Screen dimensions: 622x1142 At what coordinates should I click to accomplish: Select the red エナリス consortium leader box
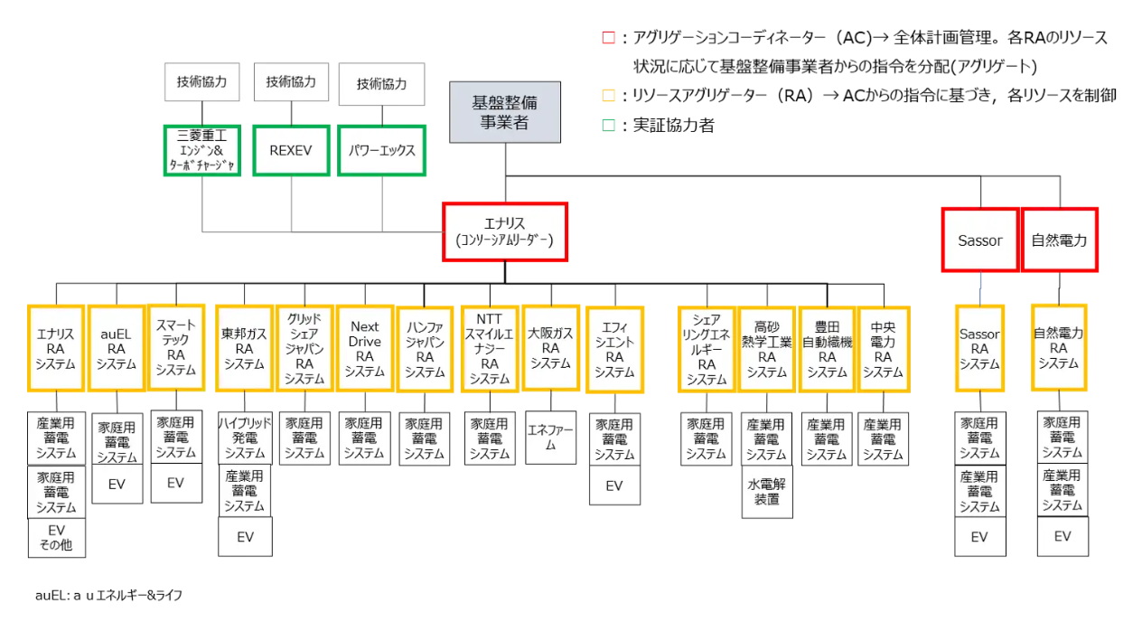point(504,231)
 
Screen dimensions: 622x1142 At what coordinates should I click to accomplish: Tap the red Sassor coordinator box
point(979,240)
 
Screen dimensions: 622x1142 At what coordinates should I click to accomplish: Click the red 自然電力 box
point(1059,240)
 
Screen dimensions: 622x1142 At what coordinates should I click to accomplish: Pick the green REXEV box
point(290,150)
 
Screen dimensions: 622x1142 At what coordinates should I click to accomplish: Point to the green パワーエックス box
point(381,150)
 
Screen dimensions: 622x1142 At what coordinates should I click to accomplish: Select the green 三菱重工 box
point(201,150)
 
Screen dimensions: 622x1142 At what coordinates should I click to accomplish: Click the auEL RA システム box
point(117,349)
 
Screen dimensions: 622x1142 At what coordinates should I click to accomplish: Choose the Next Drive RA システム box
point(364,349)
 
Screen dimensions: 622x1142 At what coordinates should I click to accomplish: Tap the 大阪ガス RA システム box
point(550,349)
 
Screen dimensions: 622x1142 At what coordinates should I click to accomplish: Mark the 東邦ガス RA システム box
point(244,349)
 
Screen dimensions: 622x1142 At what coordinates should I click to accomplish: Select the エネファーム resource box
point(550,438)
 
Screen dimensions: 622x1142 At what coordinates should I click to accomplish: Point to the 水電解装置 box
point(766,492)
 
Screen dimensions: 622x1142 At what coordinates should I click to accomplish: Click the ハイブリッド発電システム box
point(244,438)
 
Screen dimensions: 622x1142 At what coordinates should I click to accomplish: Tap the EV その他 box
point(55,537)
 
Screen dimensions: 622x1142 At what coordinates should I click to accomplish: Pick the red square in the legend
point(608,38)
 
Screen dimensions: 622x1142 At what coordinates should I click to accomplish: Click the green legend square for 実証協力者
point(608,126)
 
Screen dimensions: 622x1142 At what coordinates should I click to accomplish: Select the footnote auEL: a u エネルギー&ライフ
point(108,596)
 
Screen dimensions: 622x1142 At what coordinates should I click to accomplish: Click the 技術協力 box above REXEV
point(290,82)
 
